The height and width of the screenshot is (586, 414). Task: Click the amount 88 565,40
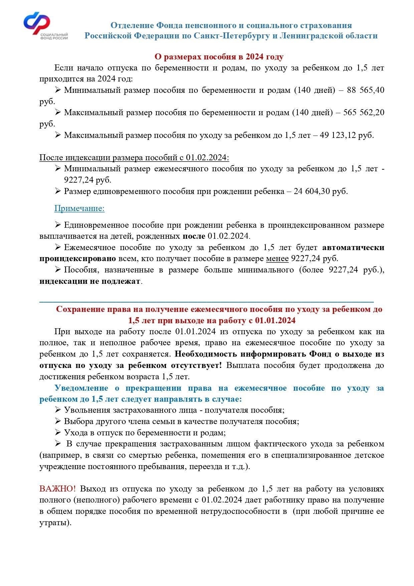[366, 90]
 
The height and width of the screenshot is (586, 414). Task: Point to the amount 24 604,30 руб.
[321, 191]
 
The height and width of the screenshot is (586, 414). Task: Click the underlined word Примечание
[79, 208]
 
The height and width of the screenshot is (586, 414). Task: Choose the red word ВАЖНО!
[58, 489]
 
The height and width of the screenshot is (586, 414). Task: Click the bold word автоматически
[353, 247]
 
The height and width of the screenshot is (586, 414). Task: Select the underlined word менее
[277, 258]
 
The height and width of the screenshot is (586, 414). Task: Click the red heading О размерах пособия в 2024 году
[219, 57]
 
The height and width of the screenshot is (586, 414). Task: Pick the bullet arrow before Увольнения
[58, 410]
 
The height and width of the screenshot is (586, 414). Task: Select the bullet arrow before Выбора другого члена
[58, 421]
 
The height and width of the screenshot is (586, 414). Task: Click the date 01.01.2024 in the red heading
[275, 321]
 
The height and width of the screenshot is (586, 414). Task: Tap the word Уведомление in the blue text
[81, 388]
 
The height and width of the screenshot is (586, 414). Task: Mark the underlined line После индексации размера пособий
[134, 158]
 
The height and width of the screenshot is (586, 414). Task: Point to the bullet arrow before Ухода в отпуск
[58, 432]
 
